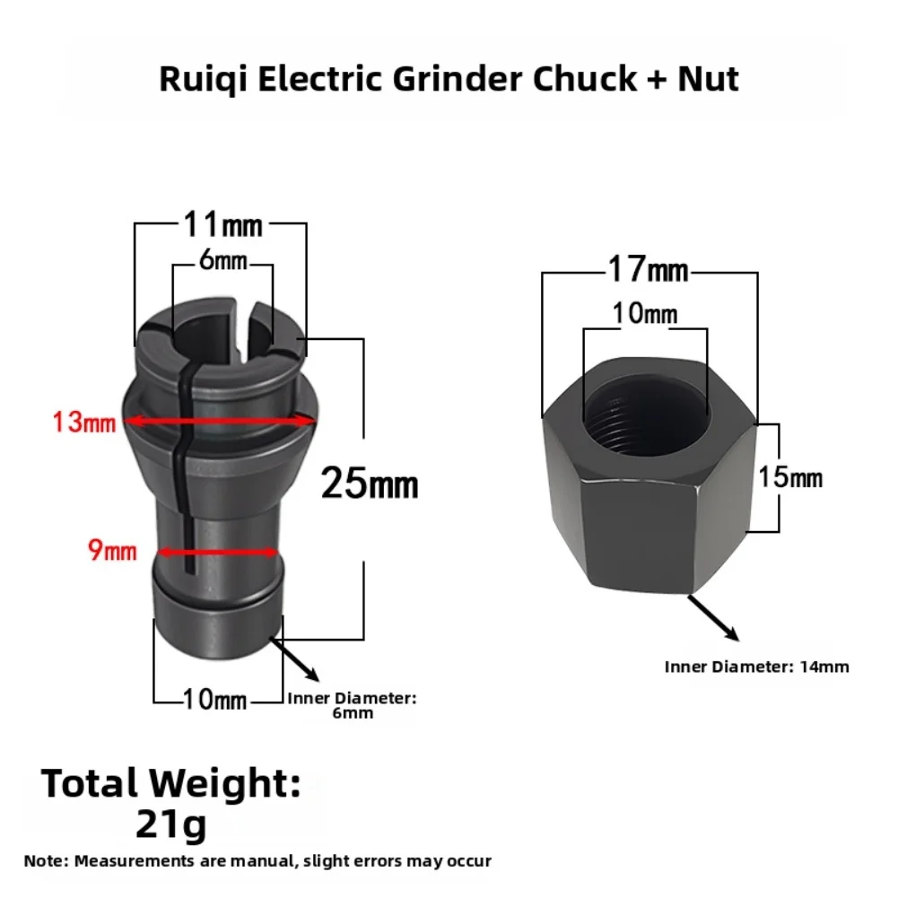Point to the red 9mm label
[112, 550]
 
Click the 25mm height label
[370, 484]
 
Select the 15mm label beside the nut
[790, 476]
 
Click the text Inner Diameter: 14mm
[756, 667]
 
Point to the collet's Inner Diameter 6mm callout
[351, 706]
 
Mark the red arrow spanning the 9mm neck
[218, 552]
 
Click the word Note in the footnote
[44, 861]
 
